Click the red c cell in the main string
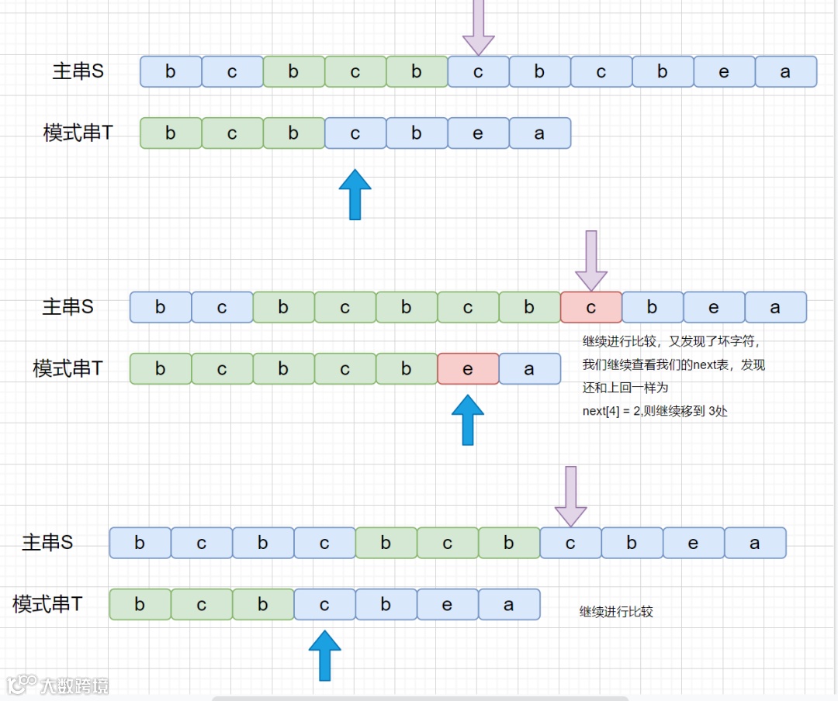[591, 307]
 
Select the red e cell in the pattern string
[468, 368]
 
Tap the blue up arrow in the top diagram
[355, 194]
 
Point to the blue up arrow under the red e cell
[468, 420]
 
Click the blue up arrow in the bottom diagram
[325, 655]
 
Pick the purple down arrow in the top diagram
[479, 28]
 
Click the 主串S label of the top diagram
[78, 71]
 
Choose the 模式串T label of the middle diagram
[68, 368]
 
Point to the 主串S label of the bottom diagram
[47, 543]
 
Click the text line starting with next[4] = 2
[655, 411]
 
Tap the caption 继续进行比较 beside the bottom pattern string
[616, 612]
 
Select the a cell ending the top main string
[785, 71]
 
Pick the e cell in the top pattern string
[478, 133]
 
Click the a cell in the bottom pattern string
[509, 605]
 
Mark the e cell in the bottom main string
[694, 543]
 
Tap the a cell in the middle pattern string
[529, 368]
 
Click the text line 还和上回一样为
[625, 388]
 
